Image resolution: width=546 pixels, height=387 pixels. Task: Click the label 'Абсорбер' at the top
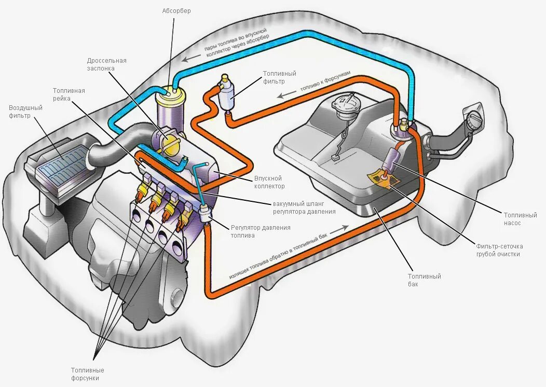point(176,11)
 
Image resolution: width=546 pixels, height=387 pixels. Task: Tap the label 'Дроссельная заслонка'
point(106,64)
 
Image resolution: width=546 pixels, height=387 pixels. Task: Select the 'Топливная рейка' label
point(69,94)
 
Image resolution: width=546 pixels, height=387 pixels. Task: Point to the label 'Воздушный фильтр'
point(25,111)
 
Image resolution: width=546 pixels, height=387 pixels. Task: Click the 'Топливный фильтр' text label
point(280,77)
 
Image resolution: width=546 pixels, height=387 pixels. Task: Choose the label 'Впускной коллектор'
point(269,182)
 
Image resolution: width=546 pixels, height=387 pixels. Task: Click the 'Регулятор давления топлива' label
point(260,231)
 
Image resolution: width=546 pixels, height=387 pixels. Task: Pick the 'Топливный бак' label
point(424,280)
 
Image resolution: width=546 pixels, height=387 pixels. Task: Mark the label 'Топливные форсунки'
point(88,374)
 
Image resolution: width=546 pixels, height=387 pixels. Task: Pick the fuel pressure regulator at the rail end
point(206,213)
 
